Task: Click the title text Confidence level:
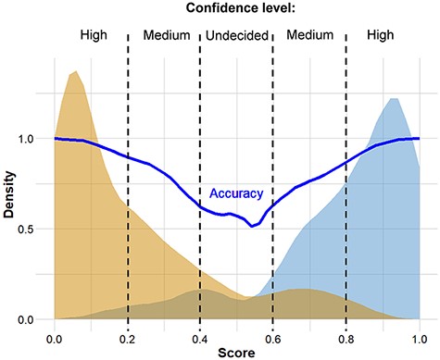click(235, 10)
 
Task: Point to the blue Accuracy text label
click(236, 194)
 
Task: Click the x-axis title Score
click(236, 353)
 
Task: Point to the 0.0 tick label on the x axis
click(55, 336)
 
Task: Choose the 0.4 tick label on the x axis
click(200, 336)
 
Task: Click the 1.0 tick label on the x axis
click(419, 336)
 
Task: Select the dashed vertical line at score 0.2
click(128, 185)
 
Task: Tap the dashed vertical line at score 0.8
click(346, 185)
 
